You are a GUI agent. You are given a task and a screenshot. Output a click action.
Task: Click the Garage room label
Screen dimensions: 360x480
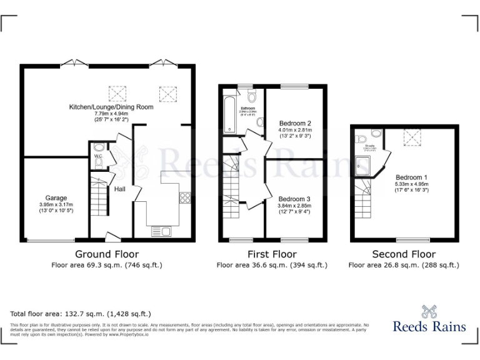pos(56,198)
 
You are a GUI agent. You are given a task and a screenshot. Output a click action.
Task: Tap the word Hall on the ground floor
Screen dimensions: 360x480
pos(120,189)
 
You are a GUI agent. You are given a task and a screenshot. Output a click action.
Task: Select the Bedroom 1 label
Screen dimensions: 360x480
pos(411,177)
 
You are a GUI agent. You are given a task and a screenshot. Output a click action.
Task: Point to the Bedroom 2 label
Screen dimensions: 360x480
pos(294,123)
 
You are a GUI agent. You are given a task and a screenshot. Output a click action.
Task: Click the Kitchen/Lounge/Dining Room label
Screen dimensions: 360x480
pos(111,107)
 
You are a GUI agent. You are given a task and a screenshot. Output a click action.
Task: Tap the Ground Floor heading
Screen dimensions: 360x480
pos(107,254)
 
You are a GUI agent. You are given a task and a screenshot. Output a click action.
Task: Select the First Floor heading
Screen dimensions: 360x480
pos(272,254)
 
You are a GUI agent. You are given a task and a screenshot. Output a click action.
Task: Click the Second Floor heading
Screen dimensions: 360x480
pos(404,254)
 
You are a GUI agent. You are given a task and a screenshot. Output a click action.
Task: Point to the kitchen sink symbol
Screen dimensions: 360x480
pos(161,232)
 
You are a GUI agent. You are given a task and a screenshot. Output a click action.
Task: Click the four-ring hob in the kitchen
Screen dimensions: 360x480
pos(185,198)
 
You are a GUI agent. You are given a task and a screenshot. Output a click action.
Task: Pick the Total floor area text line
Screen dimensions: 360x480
pos(81,314)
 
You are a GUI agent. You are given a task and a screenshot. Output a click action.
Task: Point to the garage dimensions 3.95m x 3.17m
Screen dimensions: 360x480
pos(56,205)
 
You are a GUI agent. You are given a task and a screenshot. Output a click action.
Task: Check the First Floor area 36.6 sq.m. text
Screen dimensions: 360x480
pos(272,265)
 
